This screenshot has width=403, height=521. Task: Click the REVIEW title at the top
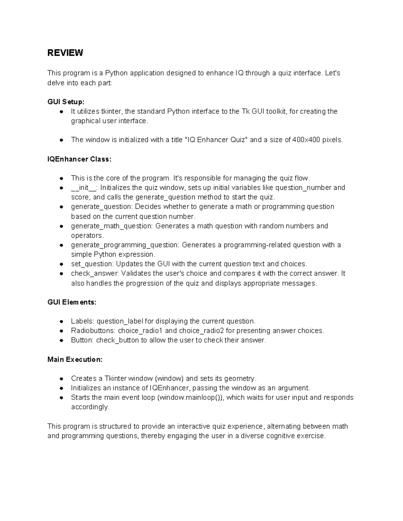pos(65,53)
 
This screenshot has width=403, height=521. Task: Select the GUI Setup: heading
pos(66,102)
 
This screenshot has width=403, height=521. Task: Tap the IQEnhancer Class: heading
pos(79,159)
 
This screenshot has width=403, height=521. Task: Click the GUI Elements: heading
pos(72,302)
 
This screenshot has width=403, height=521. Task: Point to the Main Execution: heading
pos(75,360)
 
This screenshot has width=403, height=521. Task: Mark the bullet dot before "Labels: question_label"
pos(61,321)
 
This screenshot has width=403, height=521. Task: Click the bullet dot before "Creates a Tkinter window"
pos(61,379)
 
